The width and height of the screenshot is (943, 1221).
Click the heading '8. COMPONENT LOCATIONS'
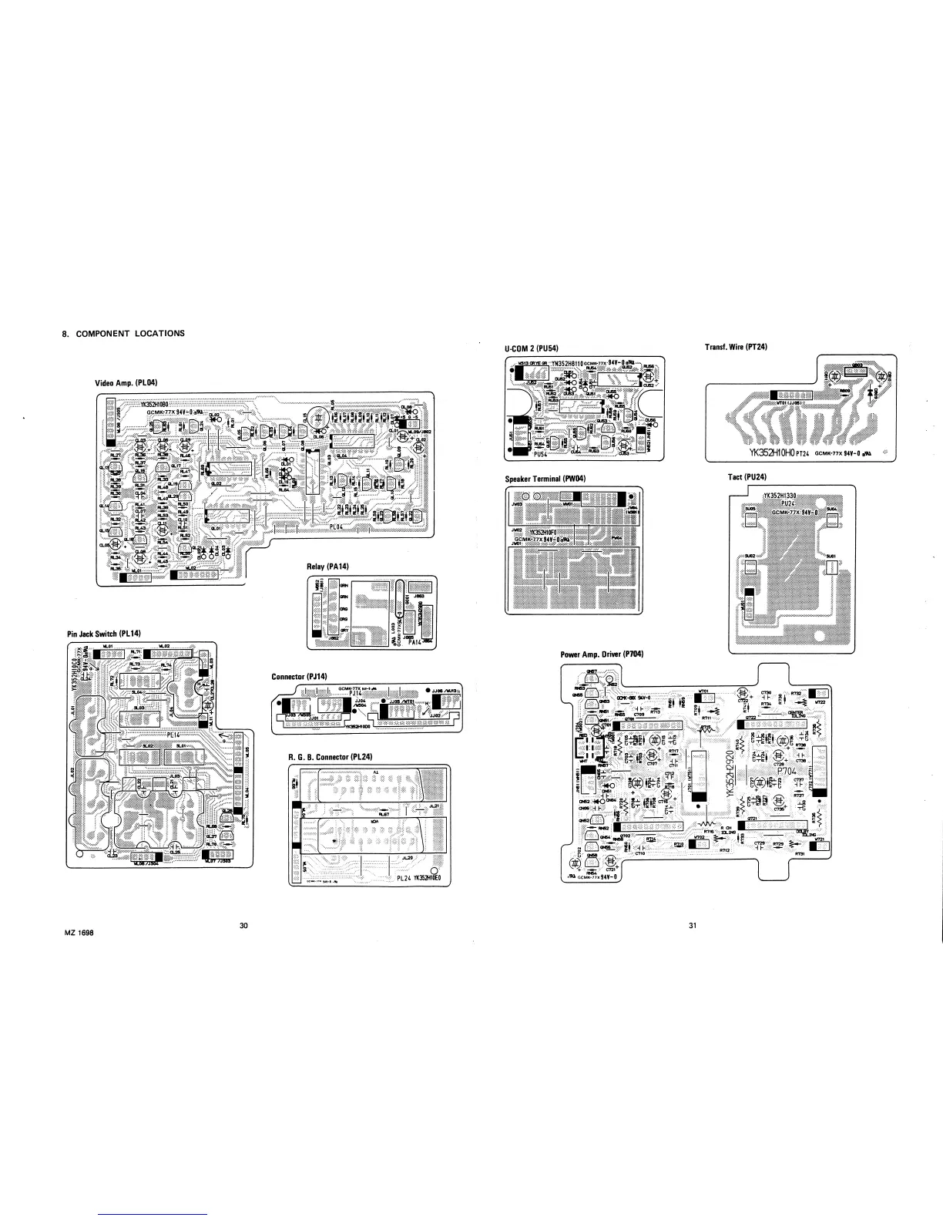(x=123, y=334)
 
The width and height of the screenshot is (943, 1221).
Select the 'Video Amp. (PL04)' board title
(x=126, y=382)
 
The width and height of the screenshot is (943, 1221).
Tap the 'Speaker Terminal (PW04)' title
(x=545, y=479)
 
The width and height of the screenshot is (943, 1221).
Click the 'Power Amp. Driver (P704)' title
(x=602, y=654)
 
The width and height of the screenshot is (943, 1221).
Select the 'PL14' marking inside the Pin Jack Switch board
(x=173, y=735)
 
